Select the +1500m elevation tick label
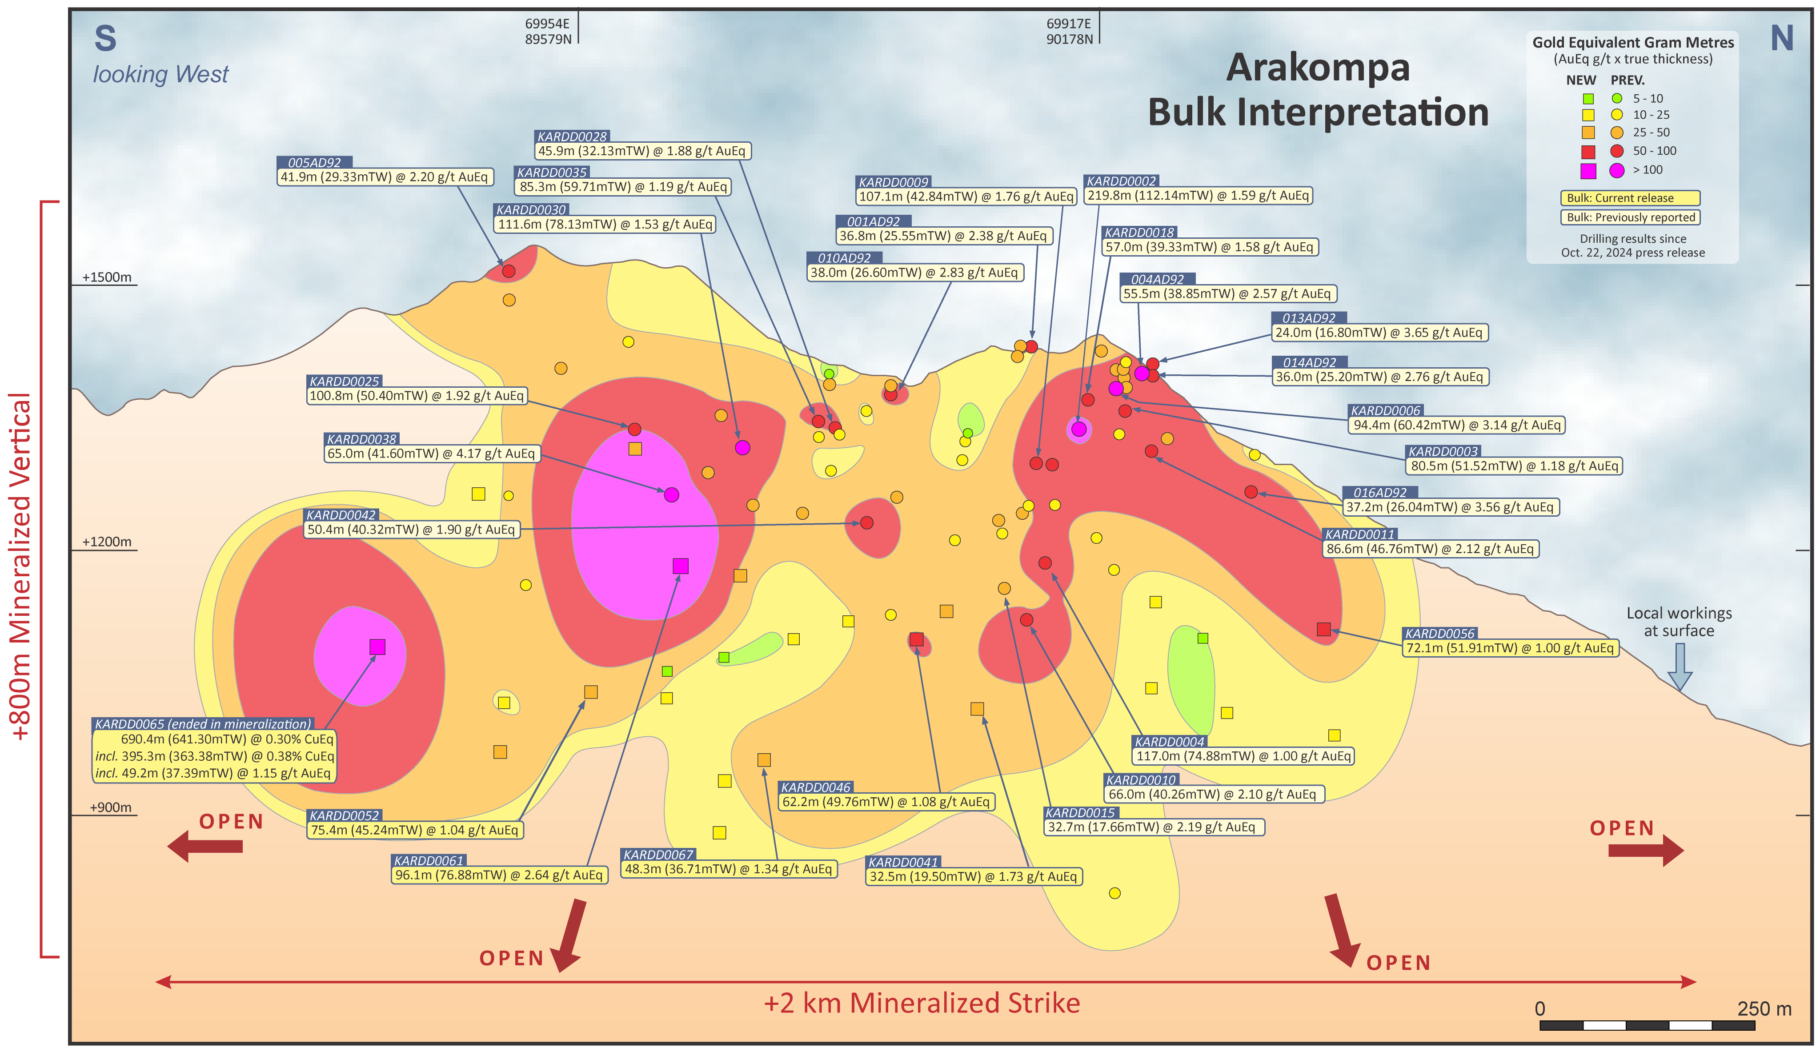pyautogui.click(x=107, y=277)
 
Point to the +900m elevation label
pyautogui.click(x=111, y=808)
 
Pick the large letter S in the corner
pyautogui.click(x=105, y=38)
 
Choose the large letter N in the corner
pyautogui.click(x=1782, y=38)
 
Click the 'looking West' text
pyautogui.click(x=160, y=74)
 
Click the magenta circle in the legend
pyautogui.click(x=1616, y=171)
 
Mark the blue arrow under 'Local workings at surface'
pyautogui.click(x=1680, y=666)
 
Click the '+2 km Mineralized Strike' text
pyautogui.click(x=922, y=1003)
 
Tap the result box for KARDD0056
pyautogui.click(x=1509, y=648)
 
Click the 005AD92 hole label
pyautogui.click(x=314, y=163)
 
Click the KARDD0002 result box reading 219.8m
pyautogui.click(x=1198, y=196)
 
